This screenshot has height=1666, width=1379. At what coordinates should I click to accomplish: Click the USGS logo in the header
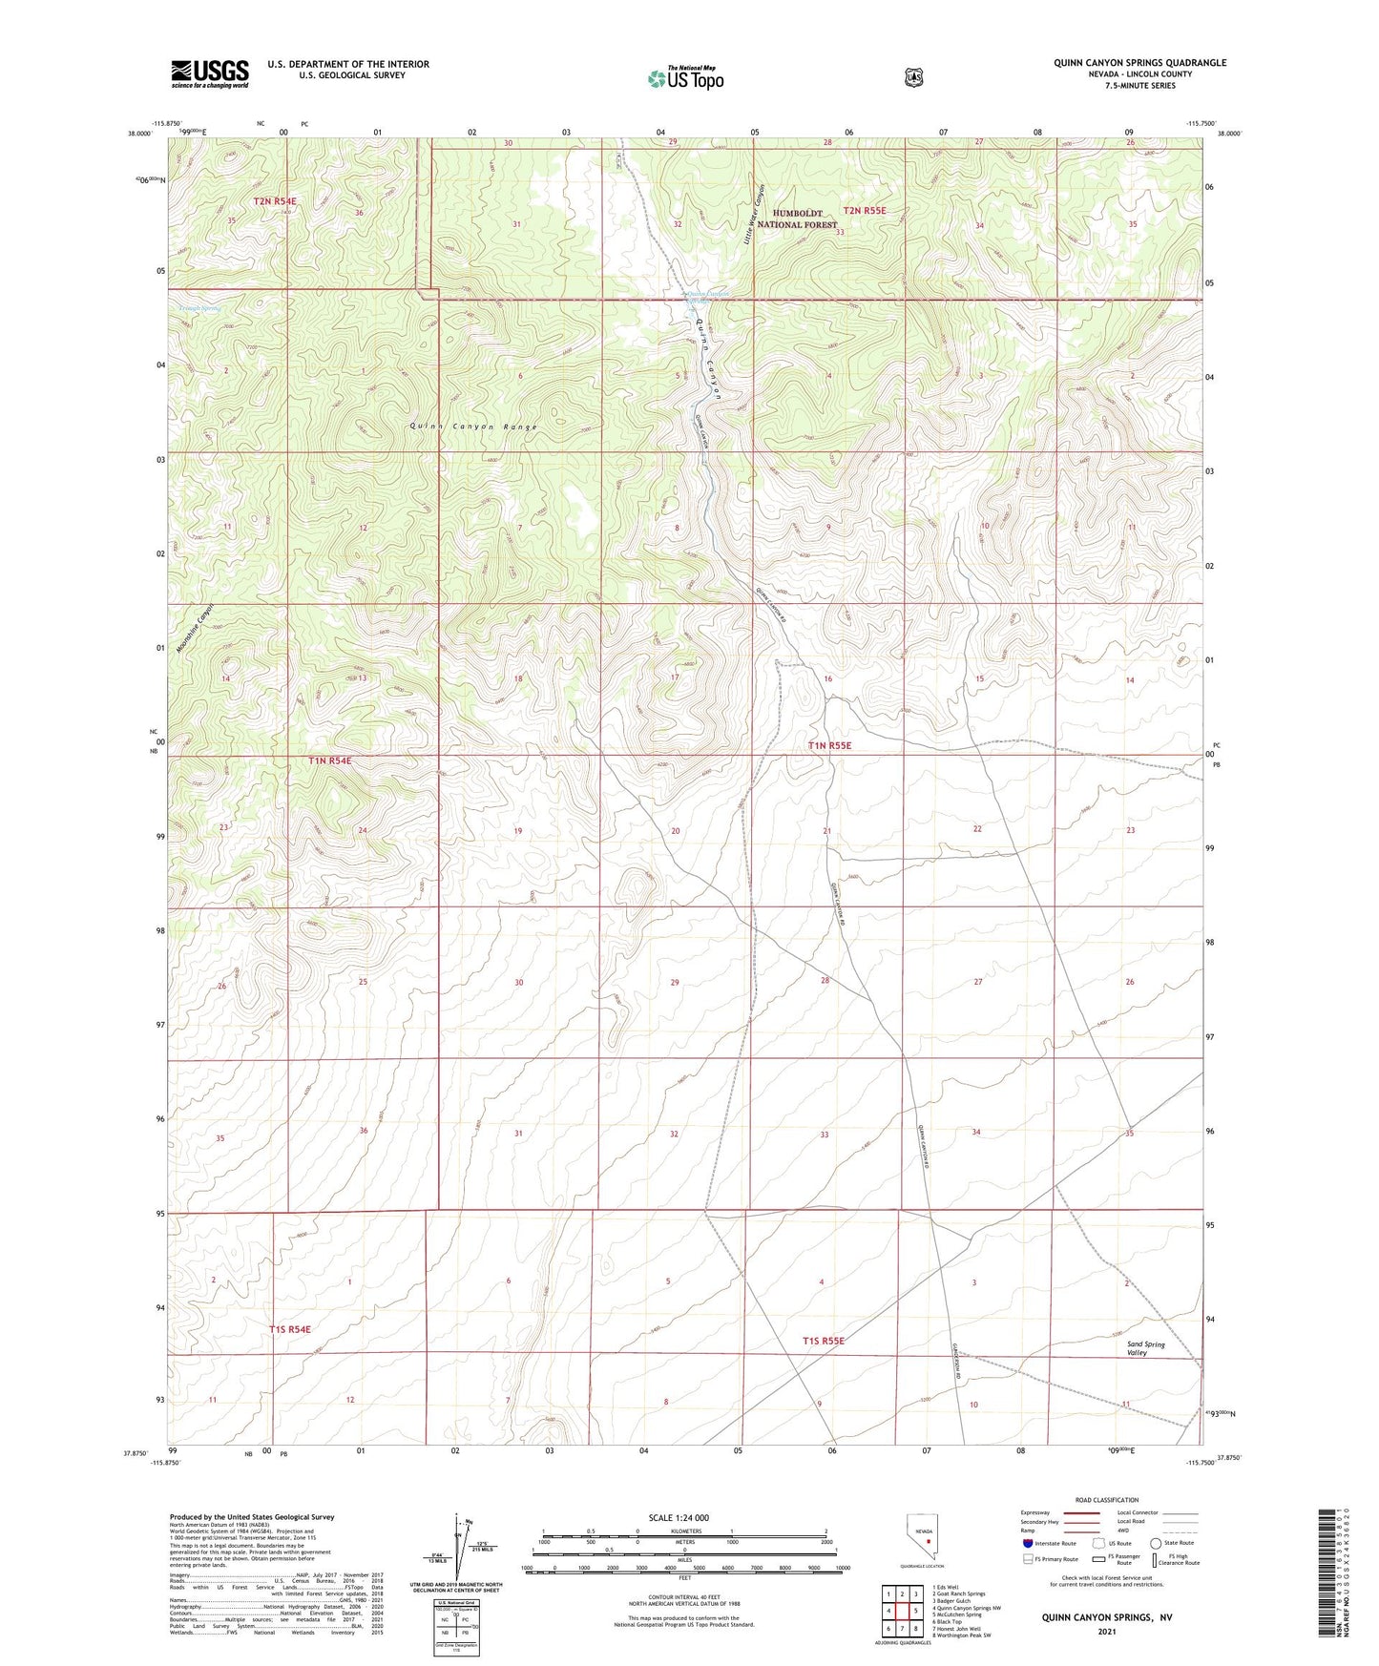[210, 73]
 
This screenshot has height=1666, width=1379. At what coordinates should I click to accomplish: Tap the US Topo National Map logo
[684, 78]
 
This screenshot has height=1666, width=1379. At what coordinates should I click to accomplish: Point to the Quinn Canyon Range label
[474, 427]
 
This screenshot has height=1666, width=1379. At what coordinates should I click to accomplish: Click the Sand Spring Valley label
[1145, 1348]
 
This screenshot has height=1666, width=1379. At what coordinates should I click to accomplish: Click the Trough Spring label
[198, 308]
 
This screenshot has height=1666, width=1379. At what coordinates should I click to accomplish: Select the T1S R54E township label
[289, 1328]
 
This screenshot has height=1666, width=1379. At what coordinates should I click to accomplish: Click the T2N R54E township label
[275, 201]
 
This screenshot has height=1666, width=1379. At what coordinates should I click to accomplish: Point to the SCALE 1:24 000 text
[679, 1517]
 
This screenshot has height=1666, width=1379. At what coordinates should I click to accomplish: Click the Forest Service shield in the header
[913, 77]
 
